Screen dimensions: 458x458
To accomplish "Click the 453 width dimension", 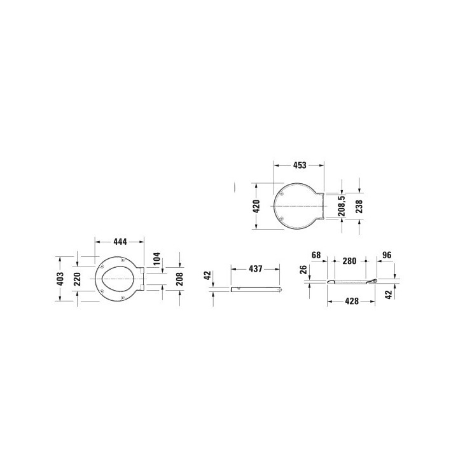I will point(298,165).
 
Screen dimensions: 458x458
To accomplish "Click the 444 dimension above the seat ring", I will point(119,242).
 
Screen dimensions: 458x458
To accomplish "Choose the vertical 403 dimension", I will point(60,279).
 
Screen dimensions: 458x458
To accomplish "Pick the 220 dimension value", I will point(78,279).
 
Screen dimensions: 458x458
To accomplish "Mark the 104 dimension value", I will point(157,260).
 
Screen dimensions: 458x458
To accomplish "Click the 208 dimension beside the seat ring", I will point(179,277).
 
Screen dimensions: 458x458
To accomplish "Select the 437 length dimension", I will point(256,270).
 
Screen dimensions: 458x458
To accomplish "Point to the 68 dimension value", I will point(316,255).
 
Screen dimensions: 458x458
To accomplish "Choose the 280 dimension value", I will point(349,261).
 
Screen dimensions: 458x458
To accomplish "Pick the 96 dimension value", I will point(385,255).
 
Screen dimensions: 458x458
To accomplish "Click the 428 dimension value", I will point(350,301).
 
